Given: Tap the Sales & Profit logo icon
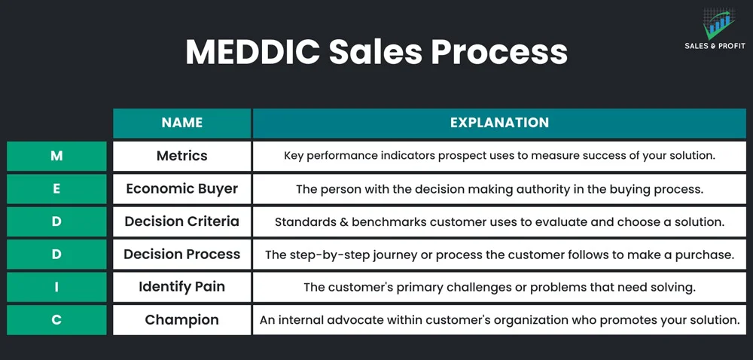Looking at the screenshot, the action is pos(719,23).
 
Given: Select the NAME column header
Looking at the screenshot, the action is pos(182,123).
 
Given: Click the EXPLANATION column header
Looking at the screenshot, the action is pos(499,123).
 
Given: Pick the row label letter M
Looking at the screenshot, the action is pos(56,156).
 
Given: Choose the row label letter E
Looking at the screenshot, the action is pos(56,188).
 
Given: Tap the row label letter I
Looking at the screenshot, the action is pos(56,287).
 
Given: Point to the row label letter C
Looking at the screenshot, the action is pos(56,319).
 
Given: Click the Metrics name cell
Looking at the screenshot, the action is pos(182,156).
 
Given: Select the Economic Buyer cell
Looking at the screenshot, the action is pos(182,188).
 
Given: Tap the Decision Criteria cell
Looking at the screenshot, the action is pos(182,221).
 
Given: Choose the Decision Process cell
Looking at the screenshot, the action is pos(182,255).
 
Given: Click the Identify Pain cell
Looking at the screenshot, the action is pos(182,287).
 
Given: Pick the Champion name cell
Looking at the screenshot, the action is pos(182,319).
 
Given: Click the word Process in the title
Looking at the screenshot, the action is pos(499,51).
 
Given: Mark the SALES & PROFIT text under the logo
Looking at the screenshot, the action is pos(715,46).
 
